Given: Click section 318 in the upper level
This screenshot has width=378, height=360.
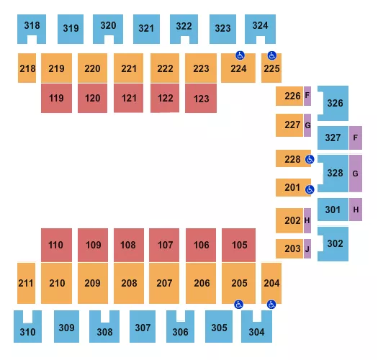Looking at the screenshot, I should pos(32,27).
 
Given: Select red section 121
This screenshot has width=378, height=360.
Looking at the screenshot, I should pos(129,98).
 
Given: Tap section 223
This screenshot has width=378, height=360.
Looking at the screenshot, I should pos(202,68).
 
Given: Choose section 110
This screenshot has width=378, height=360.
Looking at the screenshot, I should pos(56,245).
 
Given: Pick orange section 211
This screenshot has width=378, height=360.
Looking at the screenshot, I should pos(26,283).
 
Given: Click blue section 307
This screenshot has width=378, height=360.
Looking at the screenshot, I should pos(143,328).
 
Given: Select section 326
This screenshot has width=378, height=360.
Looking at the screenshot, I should pos(335,103).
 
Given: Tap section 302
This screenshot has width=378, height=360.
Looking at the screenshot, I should pos(335,244).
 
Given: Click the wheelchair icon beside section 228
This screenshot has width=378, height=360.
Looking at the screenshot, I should pos(310,159).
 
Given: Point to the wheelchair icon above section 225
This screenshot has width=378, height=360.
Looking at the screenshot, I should pos(272,55).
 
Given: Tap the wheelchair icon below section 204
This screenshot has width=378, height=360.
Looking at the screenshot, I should pos(271,305).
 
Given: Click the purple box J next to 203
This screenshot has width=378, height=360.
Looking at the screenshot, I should pos(307,249).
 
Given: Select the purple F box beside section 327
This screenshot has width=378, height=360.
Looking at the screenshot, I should pos(356,138).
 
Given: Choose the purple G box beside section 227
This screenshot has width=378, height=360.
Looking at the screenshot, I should pos(307,125).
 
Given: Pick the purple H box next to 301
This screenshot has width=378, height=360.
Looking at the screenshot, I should pos(356,210).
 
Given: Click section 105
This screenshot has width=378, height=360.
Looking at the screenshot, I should pos(240,245).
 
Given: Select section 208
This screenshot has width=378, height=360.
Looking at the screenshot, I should pos(129,283).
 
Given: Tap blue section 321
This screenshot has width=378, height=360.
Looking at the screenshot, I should pos(146,29).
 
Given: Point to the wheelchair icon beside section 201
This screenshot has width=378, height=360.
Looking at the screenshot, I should pos(310,189).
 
